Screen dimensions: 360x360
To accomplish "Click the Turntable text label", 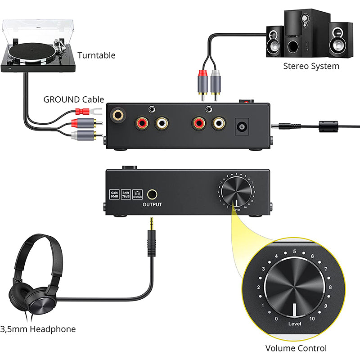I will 96,56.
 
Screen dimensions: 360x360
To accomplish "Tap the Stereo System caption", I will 311,66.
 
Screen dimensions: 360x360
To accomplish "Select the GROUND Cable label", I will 73,99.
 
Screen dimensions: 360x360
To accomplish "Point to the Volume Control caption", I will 296,348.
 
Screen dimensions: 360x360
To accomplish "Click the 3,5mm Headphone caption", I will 38,329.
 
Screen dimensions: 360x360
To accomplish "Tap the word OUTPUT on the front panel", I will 152,205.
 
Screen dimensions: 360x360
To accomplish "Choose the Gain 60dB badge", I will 114,194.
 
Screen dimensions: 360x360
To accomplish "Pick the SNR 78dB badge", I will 126,194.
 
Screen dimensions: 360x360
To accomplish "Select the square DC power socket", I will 243,126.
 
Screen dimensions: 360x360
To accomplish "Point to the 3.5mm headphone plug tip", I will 152,220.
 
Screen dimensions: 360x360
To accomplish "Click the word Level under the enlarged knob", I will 295,323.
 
